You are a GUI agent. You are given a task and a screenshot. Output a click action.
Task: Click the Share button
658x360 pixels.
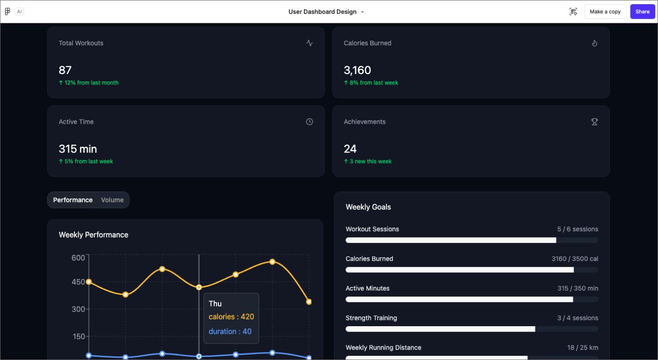642,12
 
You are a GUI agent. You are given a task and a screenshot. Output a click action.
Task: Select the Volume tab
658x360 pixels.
112,200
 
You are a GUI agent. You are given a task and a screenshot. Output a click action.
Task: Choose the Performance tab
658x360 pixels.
73,200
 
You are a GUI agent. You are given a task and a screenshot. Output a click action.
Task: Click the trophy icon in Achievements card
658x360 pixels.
594,122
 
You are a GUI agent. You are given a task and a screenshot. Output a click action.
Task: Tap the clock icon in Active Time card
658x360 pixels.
309,122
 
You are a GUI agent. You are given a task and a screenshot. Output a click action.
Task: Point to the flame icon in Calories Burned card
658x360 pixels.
594,43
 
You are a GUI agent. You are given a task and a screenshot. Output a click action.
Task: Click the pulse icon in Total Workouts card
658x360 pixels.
309,43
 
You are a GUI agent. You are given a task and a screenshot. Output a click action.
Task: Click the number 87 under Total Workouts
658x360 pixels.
65,70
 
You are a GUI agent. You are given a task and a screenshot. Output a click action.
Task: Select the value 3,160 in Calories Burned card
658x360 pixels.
357,70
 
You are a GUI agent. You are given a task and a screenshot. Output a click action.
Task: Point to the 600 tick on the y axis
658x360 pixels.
78,258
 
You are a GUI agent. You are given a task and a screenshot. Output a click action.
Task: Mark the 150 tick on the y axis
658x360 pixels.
78,337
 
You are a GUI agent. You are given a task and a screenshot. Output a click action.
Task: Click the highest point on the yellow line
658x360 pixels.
272,262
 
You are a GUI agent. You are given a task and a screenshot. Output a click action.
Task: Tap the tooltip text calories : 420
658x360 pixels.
231,317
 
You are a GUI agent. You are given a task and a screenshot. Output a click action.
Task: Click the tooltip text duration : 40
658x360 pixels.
230,332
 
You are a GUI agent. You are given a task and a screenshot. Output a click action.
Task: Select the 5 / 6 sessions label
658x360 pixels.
578,229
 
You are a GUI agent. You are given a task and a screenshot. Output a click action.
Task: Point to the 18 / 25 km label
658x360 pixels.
583,348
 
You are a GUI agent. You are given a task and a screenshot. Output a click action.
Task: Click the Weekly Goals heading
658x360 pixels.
368,207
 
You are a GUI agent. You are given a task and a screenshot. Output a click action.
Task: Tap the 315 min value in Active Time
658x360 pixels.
78,149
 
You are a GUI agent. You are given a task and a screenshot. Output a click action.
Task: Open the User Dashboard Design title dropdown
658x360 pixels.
362,12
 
